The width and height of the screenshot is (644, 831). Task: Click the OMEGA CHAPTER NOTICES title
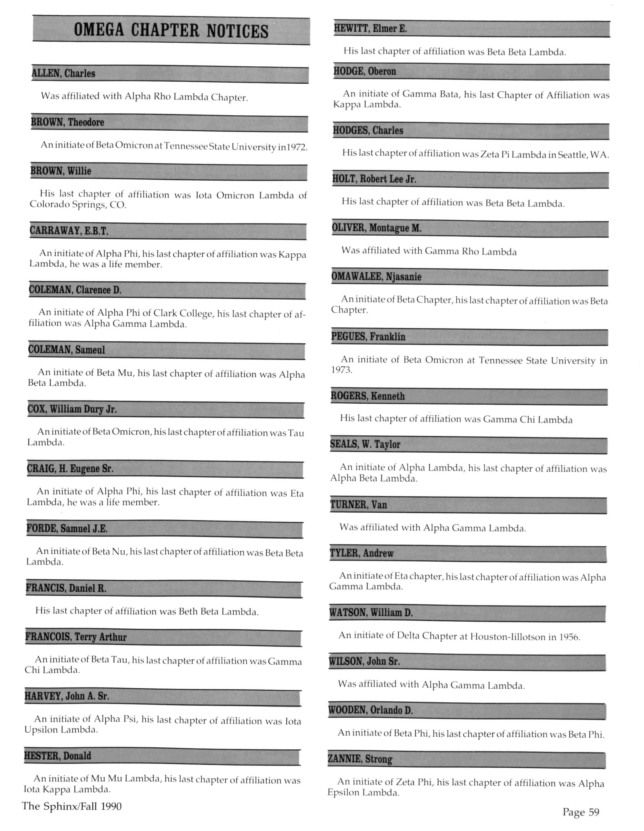pyautogui.click(x=171, y=31)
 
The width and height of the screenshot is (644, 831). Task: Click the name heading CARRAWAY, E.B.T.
pyautogui.click(x=69, y=231)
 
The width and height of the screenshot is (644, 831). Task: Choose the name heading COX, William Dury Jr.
pyautogui.click(x=72, y=409)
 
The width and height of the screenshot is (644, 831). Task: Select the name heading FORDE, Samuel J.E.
pyautogui.click(x=67, y=529)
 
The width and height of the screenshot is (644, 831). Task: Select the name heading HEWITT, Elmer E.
pyautogui.click(x=370, y=28)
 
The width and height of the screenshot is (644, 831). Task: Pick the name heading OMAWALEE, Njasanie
pyautogui.click(x=376, y=277)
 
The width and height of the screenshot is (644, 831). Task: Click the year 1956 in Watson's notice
pyautogui.click(x=569, y=637)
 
